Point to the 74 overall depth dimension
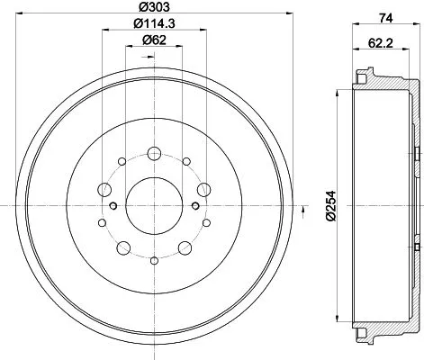(x=383, y=16)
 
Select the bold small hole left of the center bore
(x=113, y=206)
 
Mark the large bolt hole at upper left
(x=105, y=189)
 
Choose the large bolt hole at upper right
(x=203, y=189)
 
